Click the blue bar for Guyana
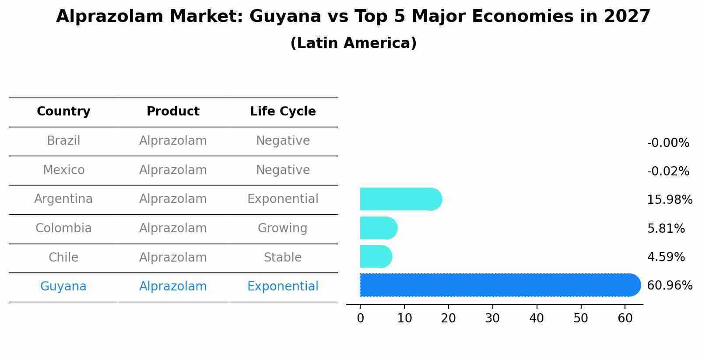[x=499, y=285]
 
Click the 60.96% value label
[x=669, y=286]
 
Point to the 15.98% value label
[x=669, y=200]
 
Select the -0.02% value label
[x=668, y=171]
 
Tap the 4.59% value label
[x=666, y=257]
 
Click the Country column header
[x=63, y=112]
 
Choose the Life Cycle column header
[x=283, y=112]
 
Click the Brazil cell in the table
[x=63, y=141]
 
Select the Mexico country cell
[x=63, y=170]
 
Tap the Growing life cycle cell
[x=283, y=228]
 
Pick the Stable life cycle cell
[x=283, y=258]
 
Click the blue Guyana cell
[x=63, y=287]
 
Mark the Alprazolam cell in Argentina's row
[x=173, y=199]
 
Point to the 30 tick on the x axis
[x=492, y=318]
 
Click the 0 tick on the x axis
[x=360, y=318]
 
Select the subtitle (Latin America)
[x=353, y=43]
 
